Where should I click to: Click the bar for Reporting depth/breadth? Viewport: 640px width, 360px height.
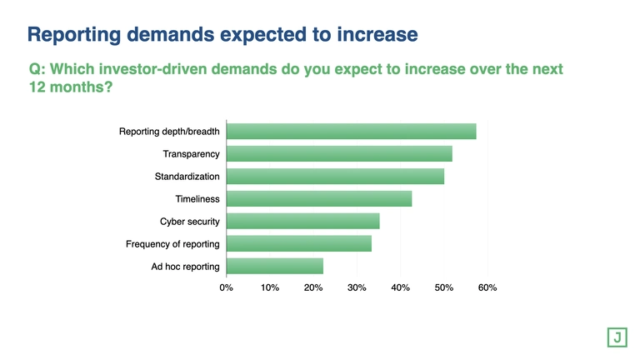pyautogui.click(x=351, y=132)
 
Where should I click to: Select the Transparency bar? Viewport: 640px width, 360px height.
pyautogui.click(x=339, y=154)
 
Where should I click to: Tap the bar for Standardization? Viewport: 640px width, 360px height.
pyautogui.click(x=335, y=177)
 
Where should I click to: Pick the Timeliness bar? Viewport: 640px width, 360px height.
pyautogui.click(x=319, y=199)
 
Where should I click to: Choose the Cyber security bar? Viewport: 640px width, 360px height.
pyautogui.click(x=302, y=221)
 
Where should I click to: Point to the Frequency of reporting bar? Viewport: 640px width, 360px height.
pyautogui.click(x=298, y=243)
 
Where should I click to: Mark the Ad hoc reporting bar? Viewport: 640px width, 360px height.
pyautogui.click(x=274, y=266)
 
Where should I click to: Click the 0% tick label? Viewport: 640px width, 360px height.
pyautogui.click(x=226, y=287)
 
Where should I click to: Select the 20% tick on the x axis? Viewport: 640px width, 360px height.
pyautogui.click(x=313, y=287)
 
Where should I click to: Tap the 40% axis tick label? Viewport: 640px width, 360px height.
pyautogui.click(x=400, y=287)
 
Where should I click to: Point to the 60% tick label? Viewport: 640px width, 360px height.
pyautogui.click(x=487, y=287)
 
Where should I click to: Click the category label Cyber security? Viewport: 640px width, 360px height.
pyautogui.click(x=189, y=222)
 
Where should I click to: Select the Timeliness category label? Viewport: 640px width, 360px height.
pyautogui.click(x=197, y=199)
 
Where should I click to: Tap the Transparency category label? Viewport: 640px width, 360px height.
pyautogui.click(x=191, y=154)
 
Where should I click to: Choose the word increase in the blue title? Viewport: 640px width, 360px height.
pyautogui.click(x=372, y=35)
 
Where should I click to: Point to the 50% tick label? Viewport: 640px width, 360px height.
pyautogui.click(x=444, y=287)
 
